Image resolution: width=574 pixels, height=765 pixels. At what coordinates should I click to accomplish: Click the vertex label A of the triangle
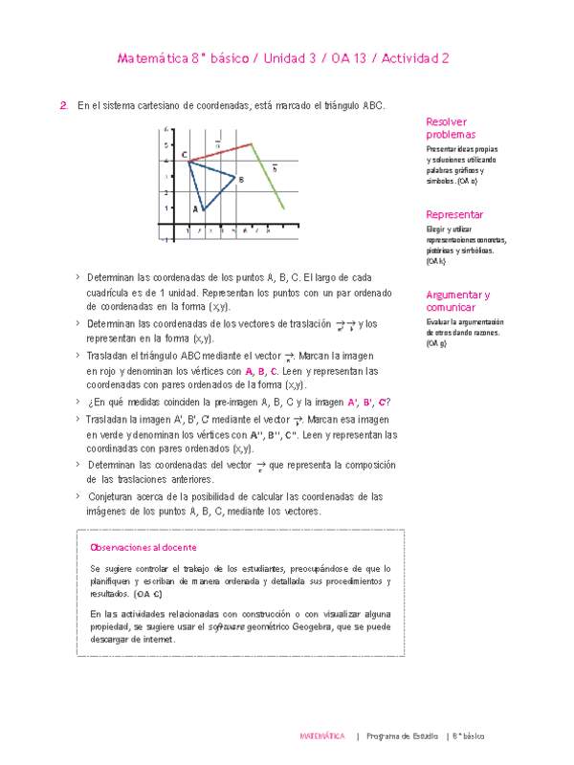pyautogui.click(x=195, y=208)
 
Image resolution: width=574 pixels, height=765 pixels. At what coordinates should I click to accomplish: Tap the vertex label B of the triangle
pyautogui.click(x=241, y=179)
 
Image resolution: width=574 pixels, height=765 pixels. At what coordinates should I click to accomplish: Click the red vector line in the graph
pyautogui.click(x=220, y=152)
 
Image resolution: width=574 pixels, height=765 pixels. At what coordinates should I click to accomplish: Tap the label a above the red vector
pyautogui.click(x=218, y=143)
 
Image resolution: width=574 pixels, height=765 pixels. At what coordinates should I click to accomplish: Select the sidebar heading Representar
pyautogui.click(x=454, y=215)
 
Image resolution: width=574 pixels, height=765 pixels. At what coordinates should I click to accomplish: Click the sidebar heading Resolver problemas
pyautogui.click(x=450, y=129)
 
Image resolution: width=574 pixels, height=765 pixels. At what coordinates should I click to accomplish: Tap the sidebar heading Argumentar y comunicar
pyautogui.click(x=457, y=301)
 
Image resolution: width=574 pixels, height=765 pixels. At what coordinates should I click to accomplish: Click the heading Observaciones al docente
pyautogui.click(x=143, y=547)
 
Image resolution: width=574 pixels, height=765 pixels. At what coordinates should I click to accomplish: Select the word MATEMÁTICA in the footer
pyautogui.click(x=321, y=737)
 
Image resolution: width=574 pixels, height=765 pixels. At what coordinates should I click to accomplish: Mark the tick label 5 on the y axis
pyautogui.click(x=170, y=144)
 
